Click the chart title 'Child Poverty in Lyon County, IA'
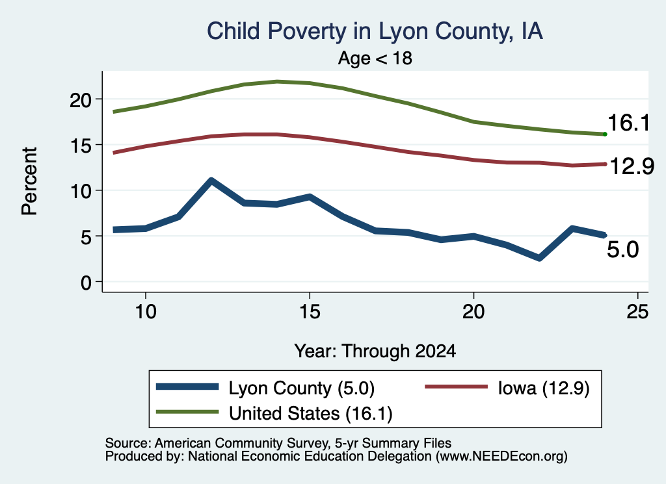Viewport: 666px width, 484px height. [375, 32]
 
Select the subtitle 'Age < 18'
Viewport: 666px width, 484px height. [375, 58]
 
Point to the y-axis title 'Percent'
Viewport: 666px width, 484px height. [30, 181]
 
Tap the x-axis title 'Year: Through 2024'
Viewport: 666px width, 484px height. [375, 351]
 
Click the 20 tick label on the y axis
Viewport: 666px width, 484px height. [81, 100]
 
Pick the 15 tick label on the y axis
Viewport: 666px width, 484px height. [81, 146]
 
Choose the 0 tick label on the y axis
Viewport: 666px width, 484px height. [87, 283]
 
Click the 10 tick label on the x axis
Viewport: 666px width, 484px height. [146, 312]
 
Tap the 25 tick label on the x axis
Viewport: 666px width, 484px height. [637, 312]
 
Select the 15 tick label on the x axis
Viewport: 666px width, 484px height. [310, 312]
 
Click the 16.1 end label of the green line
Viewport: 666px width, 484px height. [629, 123]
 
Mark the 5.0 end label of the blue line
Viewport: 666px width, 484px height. [622, 249]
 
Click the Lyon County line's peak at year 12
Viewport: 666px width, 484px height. [211, 180]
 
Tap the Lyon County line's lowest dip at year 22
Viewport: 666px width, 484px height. [539, 257]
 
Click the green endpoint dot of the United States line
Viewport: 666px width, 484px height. [605, 134]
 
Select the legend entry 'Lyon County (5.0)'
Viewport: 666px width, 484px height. [265, 388]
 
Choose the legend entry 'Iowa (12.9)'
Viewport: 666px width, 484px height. [507, 388]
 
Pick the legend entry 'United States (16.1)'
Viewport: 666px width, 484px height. [274, 413]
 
